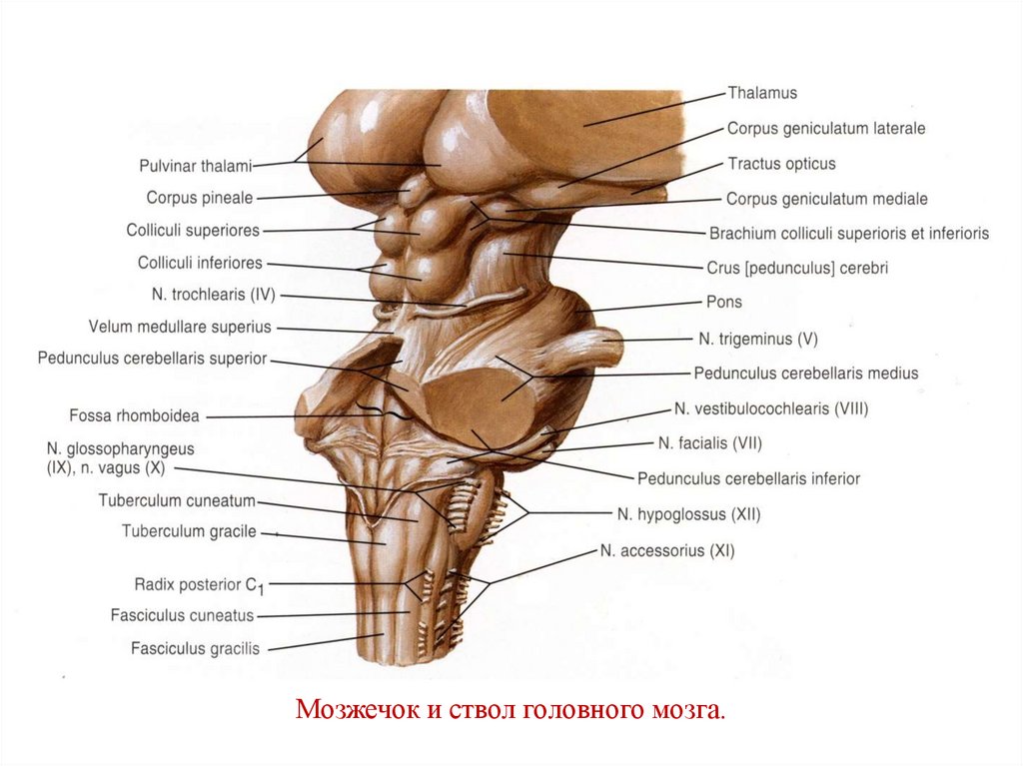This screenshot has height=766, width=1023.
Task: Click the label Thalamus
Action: tap(762, 93)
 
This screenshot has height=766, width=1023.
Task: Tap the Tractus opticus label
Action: tap(781, 164)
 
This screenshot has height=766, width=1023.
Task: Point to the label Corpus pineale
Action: tap(200, 198)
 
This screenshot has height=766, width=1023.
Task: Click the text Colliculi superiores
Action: tap(193, 231)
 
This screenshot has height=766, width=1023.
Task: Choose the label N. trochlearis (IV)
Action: tap(213, 296)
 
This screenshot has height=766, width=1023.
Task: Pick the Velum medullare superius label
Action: tap(180, 327)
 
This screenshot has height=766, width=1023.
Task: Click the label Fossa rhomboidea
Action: tap(133, 415)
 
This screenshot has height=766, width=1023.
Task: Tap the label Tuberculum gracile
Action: tap(189, 531)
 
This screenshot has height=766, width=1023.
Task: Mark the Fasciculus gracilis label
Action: tap(195, 648)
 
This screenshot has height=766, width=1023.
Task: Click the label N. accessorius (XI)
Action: tap(667, 550)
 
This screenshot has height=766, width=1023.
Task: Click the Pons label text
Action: tap(724, 302)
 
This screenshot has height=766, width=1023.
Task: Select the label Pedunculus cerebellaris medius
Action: tap(805, 374)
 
